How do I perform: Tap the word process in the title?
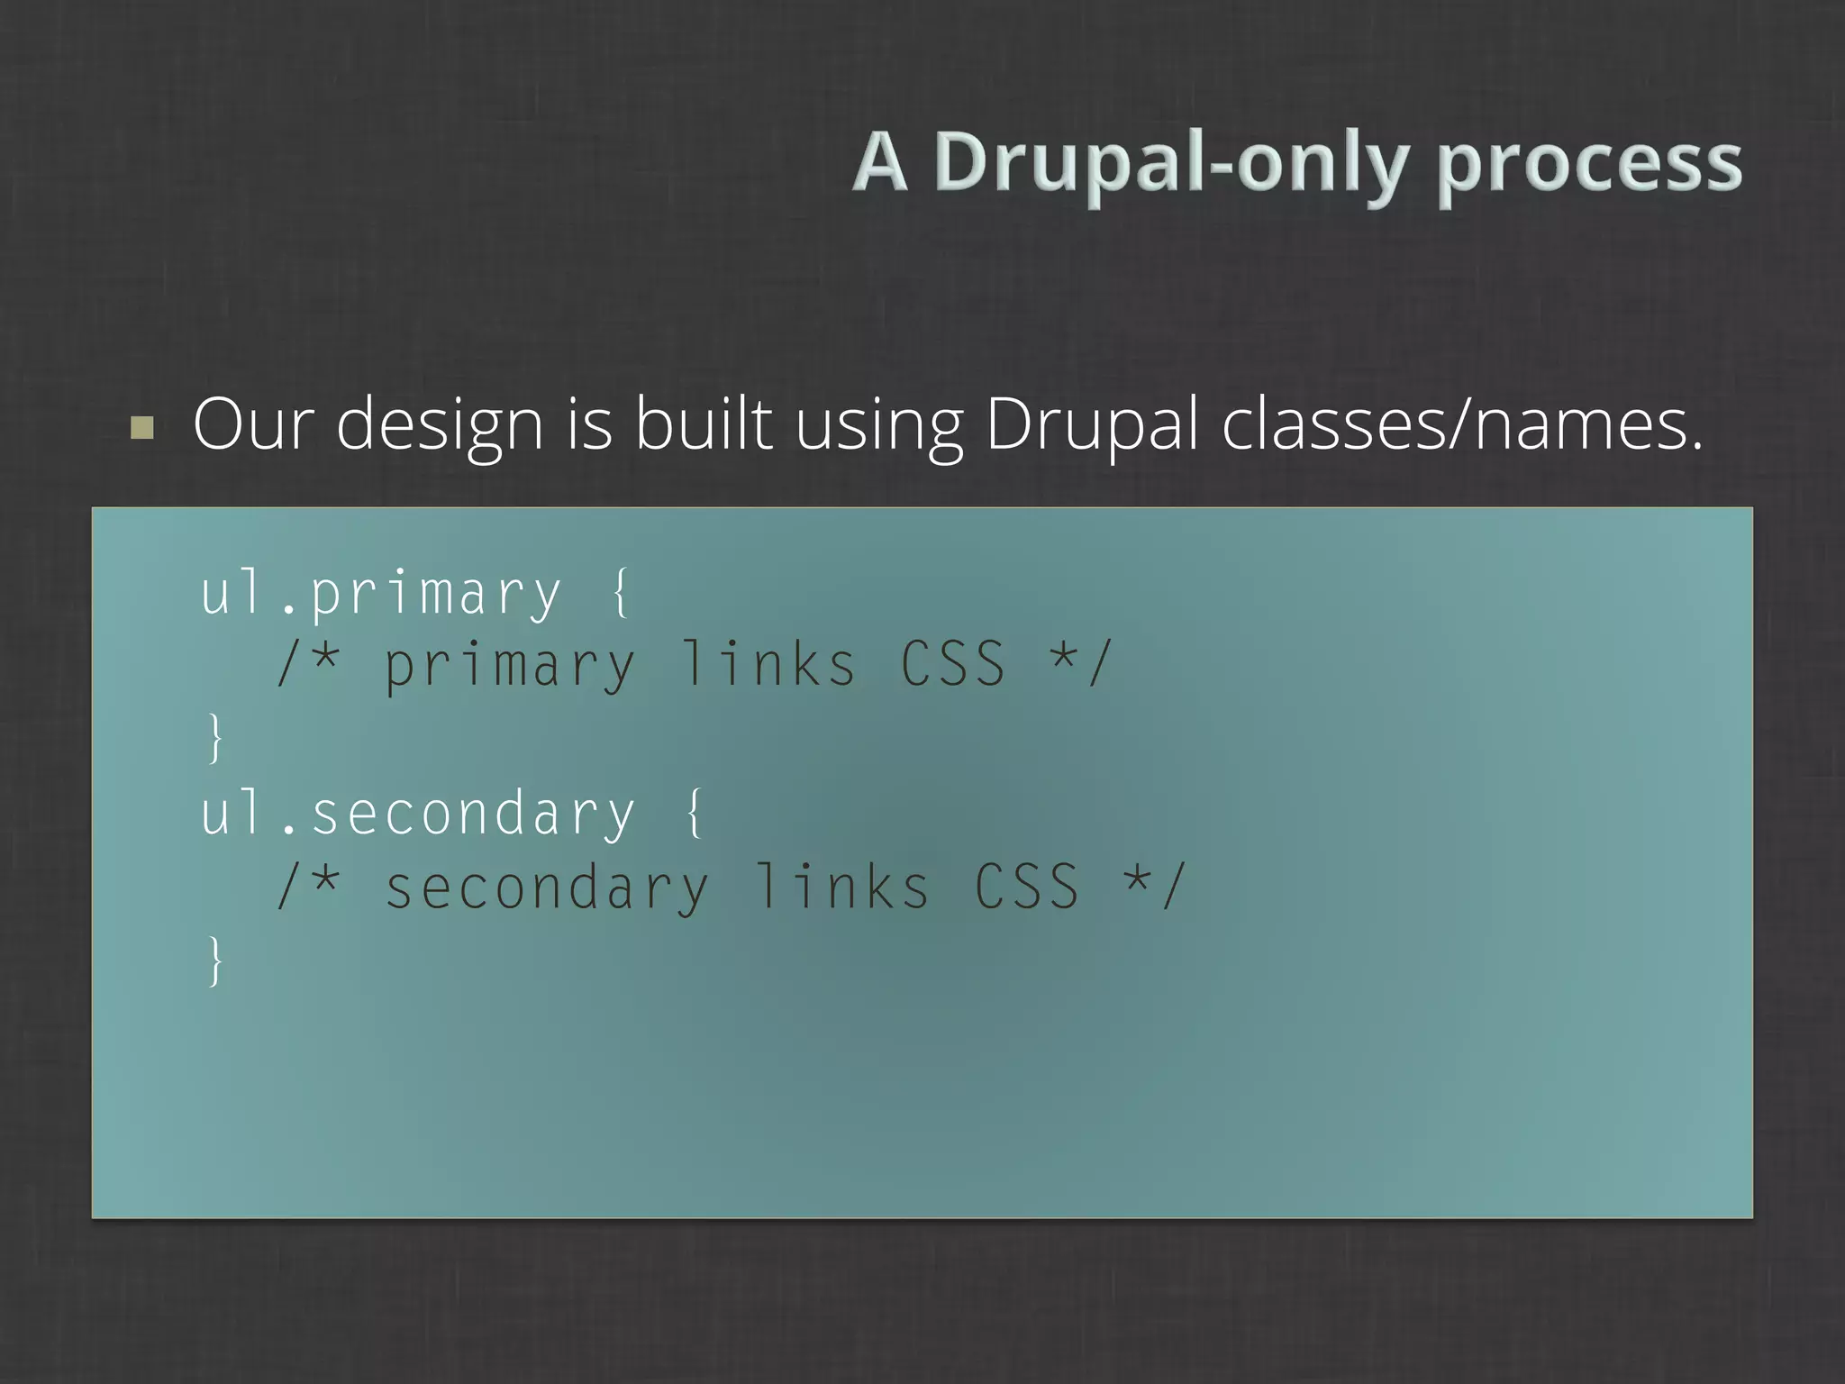pyautogui.click(x=1589, y=163)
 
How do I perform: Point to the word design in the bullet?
pyautogui.click(x=440, y=425)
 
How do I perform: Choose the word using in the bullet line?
pyautogui.click(x=878, y=425)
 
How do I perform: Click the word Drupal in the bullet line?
pyautogui.click(x=1091, y=425)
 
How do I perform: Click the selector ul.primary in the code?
pyautogui.click(x=381, y=595)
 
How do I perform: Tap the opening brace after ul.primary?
pyautogui.click(x=621, y=593)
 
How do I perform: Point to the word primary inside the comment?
pyautogui.click(x=510, y=667)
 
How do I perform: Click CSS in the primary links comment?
pyautogui.click(x=953, y=665)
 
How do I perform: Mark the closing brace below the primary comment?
pyautogui.click(x=214, y=738)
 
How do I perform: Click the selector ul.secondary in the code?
pyautogui.click(x=418, y=814)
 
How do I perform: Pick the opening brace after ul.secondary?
pyautogui.click(x=695, y=813)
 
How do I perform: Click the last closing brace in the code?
pyautogui.click(x=214, y=961)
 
